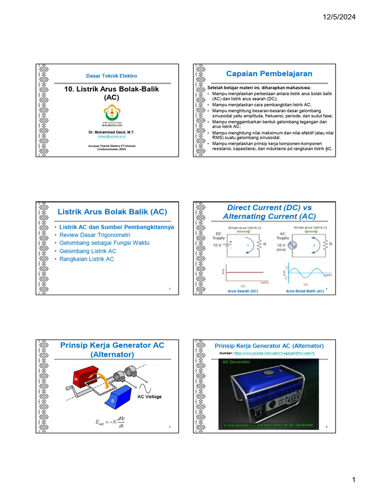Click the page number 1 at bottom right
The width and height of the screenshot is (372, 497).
coord(354,480)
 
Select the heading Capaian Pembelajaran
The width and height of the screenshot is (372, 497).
coord(269,74)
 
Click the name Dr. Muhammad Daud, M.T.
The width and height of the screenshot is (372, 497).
coord(111,132)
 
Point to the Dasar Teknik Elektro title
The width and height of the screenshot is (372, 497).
coord(111,76)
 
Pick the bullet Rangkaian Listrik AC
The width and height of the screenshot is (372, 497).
coord(87,259)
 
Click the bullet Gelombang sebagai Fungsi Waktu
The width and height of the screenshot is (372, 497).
coord(104,243)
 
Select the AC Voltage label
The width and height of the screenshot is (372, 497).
coord(150,397)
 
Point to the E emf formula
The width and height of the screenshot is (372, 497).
coord(111,421)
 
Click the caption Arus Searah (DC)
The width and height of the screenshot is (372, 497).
coord(243,291)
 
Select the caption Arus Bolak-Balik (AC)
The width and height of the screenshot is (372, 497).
coord(305,291)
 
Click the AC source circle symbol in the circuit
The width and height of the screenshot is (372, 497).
coord(293,246)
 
